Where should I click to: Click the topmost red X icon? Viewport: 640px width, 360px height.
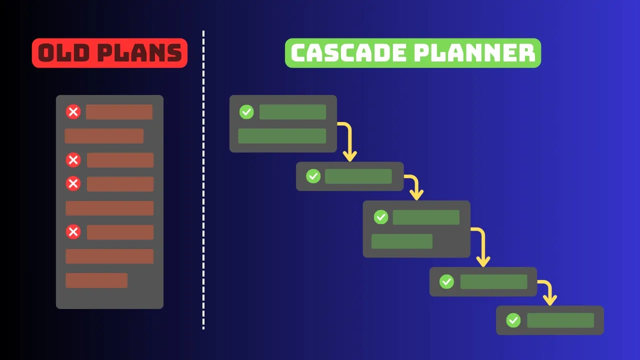point(73,112)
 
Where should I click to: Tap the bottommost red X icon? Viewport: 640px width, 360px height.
point(73,232)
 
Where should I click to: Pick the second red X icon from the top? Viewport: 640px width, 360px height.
point(73,160)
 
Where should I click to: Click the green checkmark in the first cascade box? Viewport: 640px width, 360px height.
point(246,112)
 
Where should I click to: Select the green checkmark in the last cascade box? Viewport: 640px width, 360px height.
point(513,320)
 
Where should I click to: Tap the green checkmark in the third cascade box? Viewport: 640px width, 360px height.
point(381,217)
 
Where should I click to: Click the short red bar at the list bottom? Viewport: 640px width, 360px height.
point(96,280)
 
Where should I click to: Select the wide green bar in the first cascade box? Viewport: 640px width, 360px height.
point(282,136)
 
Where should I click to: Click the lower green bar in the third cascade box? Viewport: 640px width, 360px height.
point(401,241)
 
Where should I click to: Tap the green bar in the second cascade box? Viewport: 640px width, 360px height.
point(358,176)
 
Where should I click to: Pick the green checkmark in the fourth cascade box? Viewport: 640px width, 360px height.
point(446,281)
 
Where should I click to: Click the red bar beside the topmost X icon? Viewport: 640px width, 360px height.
point(119,112)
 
